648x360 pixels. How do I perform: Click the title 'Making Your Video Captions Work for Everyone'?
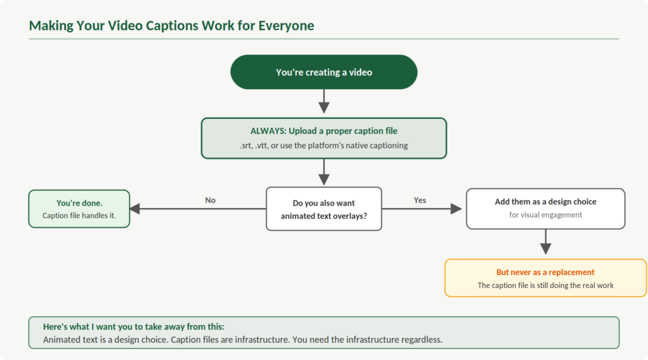coord(171,26)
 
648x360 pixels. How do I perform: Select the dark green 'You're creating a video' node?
coord(324,72)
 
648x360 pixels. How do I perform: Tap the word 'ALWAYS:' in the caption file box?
coord(268,132)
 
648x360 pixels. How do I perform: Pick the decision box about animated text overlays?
coord(324,209)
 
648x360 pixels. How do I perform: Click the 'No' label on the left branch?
coord(210,200)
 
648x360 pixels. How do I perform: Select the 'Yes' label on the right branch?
coord(420,200)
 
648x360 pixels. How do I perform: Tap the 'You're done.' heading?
coord(79,203)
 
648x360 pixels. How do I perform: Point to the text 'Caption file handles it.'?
coord(79,215)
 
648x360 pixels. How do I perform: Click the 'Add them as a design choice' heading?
coord(545,202)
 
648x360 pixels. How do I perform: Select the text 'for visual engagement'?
coord(545,214)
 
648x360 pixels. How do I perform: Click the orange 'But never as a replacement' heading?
coord(545,272)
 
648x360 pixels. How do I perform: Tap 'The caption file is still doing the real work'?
coord(545,285)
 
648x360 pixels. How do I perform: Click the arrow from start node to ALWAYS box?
coord(324,101)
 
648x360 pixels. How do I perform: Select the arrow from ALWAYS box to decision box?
coord(324,171)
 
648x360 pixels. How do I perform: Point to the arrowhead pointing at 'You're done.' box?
coord(135,209)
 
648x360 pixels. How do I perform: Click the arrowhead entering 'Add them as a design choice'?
coord(457,209)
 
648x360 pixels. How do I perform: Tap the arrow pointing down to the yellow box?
coord(545,244)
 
